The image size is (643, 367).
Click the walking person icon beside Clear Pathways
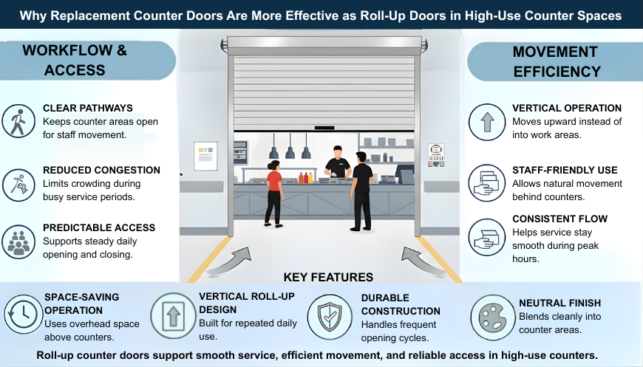[17, 121]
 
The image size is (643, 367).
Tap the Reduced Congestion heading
[101, 170]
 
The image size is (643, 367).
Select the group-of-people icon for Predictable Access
[17, 241]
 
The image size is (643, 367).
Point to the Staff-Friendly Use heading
[565, 170]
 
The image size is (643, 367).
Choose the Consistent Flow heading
[559, 219]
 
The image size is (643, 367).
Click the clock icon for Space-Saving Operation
[21, 314]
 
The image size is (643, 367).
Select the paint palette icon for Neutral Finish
[488, 314]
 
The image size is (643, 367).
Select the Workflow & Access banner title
[75, 61]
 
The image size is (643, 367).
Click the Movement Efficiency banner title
[556, 62]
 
